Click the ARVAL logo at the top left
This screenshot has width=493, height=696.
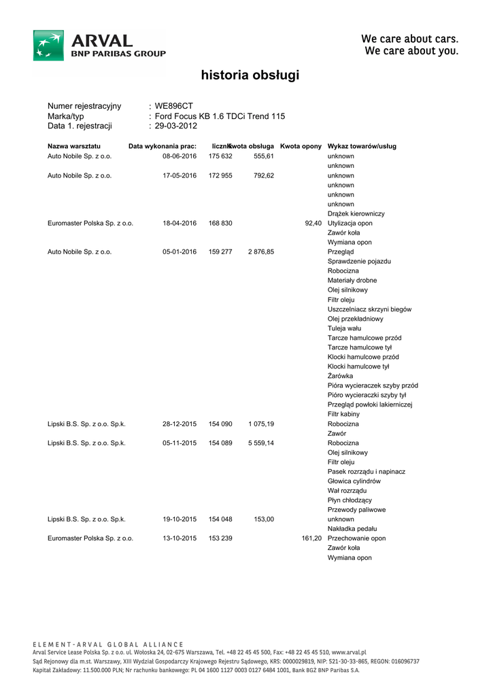pyautogui.click(x=99, y=45)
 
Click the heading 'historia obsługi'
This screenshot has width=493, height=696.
pyautogui.click(x=250, y=75)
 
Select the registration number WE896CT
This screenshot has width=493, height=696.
pyautogui.click(x=174, y=106)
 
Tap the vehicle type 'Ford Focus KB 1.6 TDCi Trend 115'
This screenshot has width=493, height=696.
pyautogui.click(x=220, y=116)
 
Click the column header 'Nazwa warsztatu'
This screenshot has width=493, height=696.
pyautogui.click(x=74, y=146)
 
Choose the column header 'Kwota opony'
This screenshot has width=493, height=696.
pyautogui.click(x=301, y=146)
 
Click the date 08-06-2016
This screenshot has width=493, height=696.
pyautogui.click(x=179, y=156)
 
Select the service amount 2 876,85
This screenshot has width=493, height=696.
pyautogui.click(x=260, y=251)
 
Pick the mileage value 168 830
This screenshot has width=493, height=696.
pyautogui.click(x=220, y=223)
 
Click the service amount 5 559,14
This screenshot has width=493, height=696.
pyautogui.click(x=260, y=443)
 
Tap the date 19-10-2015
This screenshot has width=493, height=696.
pyautogui.click(x=179, y=519)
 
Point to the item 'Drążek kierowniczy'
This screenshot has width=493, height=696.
pyautogui.click(x=356, y=213)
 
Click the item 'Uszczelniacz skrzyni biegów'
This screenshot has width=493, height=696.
pyautogui.click(x=369, y=309)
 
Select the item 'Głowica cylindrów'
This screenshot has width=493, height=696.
pyautogui.click(x=354, y=481)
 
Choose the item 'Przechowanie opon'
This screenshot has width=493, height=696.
pyautogui.click(x=356, y=538)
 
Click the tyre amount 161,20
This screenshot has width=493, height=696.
pyautogui.click(x=311, y=538)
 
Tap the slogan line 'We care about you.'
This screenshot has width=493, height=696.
pyautogui.click(x=411, y=51)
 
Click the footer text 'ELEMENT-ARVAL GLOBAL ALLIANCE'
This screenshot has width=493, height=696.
pyautogui.click(x=108, y=644)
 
